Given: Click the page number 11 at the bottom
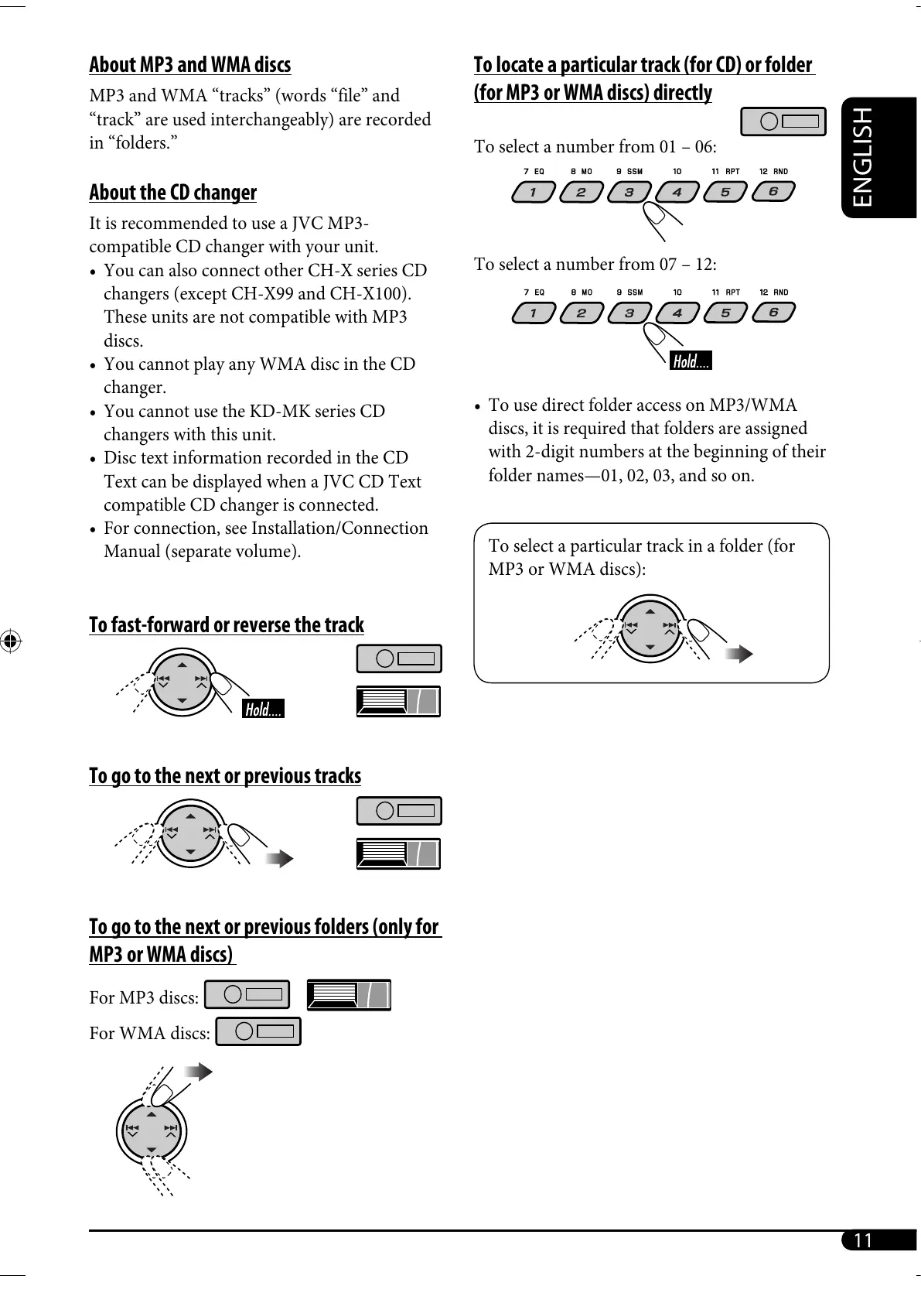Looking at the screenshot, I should pos(862,1240).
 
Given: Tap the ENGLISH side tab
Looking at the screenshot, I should pos(863,157).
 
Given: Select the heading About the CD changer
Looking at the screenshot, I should pos(172,193).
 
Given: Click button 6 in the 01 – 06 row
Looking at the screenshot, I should pos(772,192).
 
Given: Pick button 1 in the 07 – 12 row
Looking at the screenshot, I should pos(534,313).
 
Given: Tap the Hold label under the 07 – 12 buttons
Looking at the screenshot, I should pos(691,361).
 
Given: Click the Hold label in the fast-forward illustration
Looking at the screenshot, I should pos(263,710).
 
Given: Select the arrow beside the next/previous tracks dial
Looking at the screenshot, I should pos(279,858).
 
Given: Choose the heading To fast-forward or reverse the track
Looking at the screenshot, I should pos(226,625).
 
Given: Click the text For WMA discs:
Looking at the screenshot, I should pos(149,1034).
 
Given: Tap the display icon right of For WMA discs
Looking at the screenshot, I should pos(258,1031).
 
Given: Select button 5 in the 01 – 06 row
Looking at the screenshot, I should pos(725,192).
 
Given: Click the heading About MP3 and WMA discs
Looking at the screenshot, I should pos(189,65).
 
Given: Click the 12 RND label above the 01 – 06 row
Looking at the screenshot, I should pos(773,172).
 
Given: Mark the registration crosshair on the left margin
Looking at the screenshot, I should pos(12,641).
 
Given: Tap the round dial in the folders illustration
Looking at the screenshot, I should pos(151,1131).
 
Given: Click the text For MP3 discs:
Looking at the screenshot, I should pos(144,998).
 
